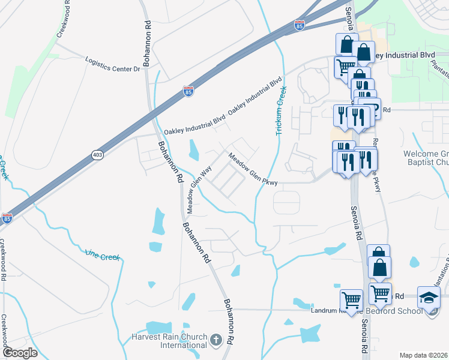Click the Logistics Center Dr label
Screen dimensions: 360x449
pos(112,65)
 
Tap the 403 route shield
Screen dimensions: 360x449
pos(97,155)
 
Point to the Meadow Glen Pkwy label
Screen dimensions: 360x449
pos(252,169)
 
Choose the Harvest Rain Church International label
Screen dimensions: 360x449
pos(169,341)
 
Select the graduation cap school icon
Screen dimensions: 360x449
pos(429,297)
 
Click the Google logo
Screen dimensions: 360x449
pos(19,352)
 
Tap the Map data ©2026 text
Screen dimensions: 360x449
pos(423,355)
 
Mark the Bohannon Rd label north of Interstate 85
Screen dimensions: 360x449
pos(148,36)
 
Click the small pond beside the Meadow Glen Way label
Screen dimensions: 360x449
pos(193,149)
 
